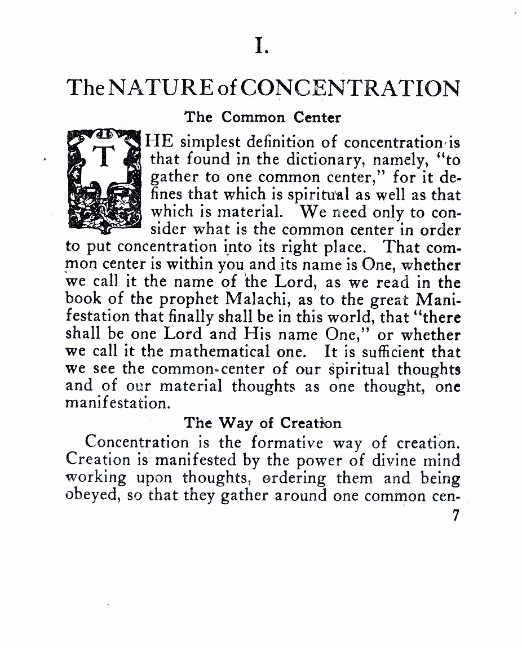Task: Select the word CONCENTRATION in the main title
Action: tap(353, 89)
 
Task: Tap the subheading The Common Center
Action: tap(263, 117)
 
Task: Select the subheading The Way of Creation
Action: tap(263, 423)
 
